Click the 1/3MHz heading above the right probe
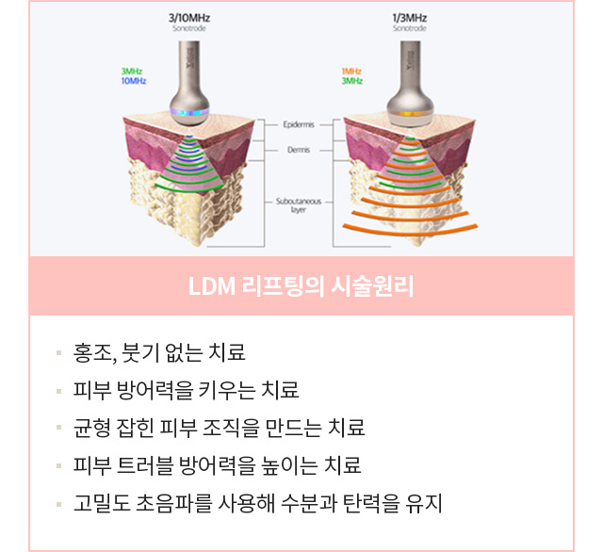coord(409,18)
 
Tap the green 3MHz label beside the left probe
coord(133,72)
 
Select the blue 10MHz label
coord(133,82)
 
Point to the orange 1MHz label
coord(352,72)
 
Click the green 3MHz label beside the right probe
coord(352,82)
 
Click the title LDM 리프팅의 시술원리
coord(301,286)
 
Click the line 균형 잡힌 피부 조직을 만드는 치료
coord(219,428)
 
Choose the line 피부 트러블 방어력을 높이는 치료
coord(217,465)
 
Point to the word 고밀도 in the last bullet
coord(96,503)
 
